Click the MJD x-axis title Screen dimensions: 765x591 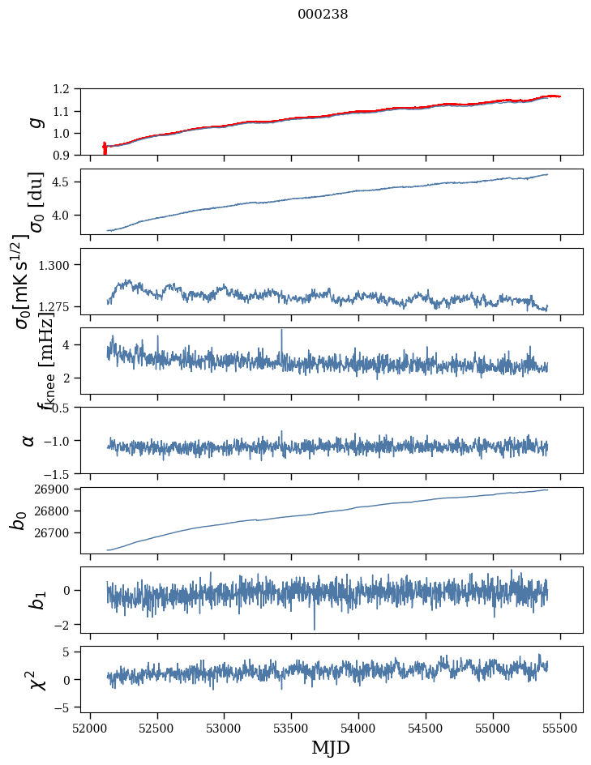click(x=331, y=747)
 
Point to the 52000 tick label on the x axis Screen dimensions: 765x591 click(x=90, y=726)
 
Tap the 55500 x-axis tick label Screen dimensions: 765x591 click(x=561, y=726)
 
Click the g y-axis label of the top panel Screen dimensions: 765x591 click(x=34, y=122)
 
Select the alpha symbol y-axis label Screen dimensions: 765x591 click(x=28, y=440)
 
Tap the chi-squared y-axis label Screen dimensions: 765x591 click(x=34, y=679)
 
